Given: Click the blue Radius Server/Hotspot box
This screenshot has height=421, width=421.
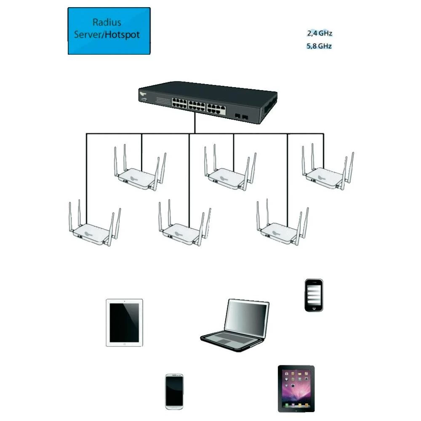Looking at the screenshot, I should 109,31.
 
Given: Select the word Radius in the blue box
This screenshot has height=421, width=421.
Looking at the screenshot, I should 107,23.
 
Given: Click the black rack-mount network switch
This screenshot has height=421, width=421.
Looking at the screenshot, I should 208,101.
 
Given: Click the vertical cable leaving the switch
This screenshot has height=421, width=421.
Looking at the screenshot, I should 195,123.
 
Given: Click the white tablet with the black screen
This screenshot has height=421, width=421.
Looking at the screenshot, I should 124,322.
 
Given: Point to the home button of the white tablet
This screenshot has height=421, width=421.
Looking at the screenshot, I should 124,344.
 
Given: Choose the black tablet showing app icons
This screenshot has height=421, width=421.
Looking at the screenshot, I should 296,388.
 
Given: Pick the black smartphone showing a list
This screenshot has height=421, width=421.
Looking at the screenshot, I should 313,295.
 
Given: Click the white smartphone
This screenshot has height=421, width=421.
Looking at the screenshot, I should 174,391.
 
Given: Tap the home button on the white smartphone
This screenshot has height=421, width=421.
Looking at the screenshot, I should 174,406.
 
